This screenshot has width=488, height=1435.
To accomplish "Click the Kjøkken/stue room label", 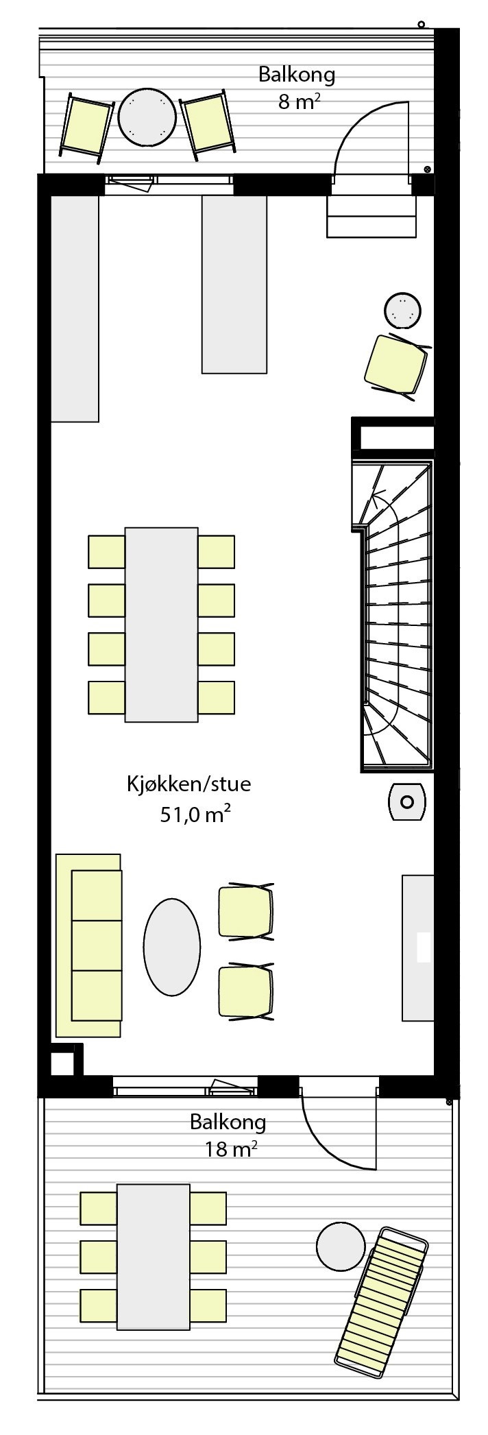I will (188, 784).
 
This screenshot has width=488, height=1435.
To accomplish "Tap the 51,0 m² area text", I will (195, 815).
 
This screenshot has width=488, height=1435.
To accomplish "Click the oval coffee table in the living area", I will (172, 946).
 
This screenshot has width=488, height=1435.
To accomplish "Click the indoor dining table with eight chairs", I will (162, 625).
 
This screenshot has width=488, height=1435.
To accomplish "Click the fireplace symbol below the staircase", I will (408, 801).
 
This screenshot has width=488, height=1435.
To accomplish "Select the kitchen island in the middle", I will (234, 285).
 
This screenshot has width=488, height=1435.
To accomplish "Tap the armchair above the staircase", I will (396, 363).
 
